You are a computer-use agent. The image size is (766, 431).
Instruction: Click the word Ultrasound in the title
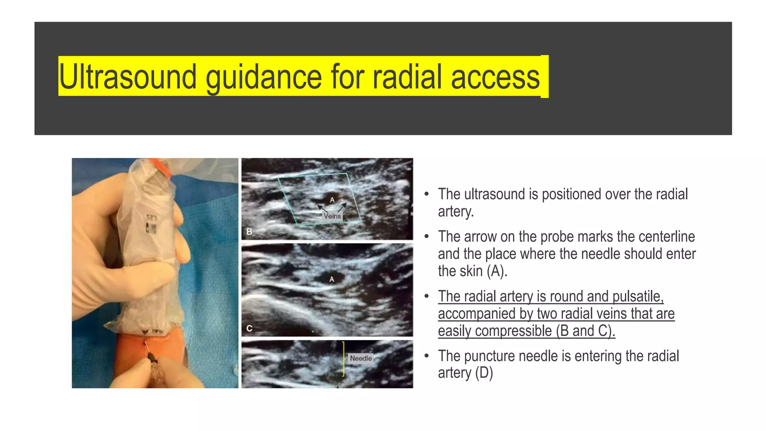coord(128,77)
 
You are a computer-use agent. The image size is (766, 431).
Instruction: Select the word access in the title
coord(495,77)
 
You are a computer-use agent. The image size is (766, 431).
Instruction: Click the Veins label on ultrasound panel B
coord(332,216)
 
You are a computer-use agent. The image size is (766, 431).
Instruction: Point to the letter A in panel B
coord(332,200)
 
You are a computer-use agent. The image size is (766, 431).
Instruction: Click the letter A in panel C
coord(331,279)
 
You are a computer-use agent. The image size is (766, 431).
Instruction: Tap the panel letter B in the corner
coord(249,232)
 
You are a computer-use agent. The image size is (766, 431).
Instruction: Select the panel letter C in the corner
coord(249,328)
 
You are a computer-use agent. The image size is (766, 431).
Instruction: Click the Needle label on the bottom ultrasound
coord(361,358)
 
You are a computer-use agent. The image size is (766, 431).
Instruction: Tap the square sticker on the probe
coord(151,228)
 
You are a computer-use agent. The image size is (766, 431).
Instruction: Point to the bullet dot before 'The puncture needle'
coord(426,356)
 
